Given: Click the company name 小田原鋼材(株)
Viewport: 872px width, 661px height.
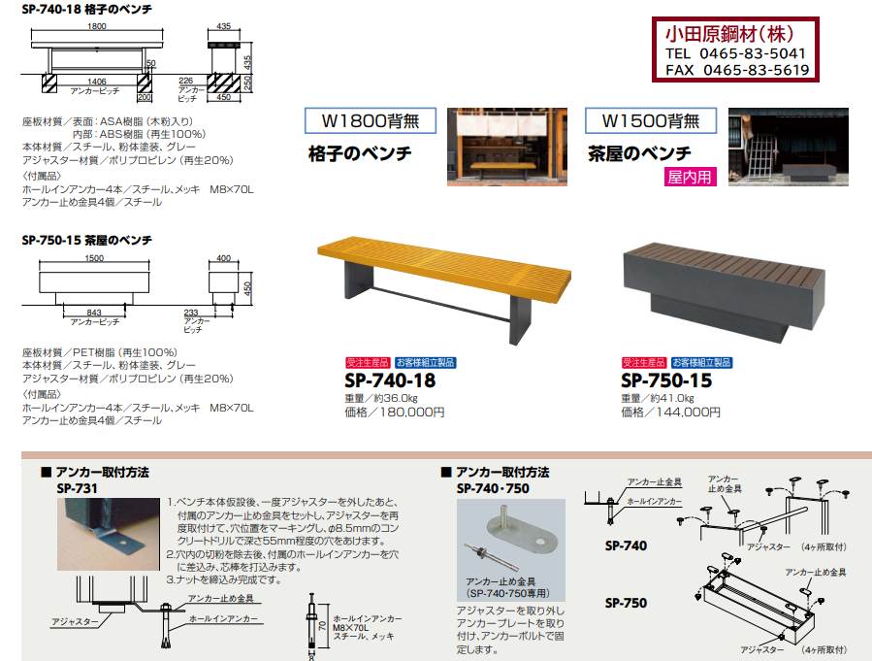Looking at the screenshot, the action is click(729, 34).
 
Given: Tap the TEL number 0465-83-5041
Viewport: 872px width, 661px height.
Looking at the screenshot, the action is click(752, 53).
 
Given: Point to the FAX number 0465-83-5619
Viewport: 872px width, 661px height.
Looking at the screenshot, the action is click(756, 70).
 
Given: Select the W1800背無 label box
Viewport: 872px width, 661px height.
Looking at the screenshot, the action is click(371, 120).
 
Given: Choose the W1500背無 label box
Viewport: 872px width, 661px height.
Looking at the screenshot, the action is click(651, 120).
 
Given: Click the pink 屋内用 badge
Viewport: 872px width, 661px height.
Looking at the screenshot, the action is click(690, 177).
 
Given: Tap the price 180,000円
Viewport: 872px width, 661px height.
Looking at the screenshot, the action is click(411, 413).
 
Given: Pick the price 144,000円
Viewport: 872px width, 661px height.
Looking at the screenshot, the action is click(688, 413).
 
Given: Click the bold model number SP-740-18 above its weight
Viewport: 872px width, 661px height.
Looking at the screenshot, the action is click(390, 380).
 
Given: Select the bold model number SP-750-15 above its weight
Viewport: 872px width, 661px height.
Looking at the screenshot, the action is click(666, 380).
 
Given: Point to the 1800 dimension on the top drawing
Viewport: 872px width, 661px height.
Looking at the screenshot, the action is click(97, 26).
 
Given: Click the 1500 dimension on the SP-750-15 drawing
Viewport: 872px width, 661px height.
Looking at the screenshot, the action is click(94, 258).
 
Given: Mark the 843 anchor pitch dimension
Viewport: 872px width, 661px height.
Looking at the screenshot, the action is click(94, 313).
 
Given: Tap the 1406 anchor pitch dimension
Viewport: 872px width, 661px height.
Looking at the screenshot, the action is click(96, 82).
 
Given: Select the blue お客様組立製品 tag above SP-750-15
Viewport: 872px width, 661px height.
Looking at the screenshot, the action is click(702, 363).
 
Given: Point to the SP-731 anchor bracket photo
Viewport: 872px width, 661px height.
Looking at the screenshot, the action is click(109, 534).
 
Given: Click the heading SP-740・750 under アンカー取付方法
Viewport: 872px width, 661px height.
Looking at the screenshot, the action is click(493, 488).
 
